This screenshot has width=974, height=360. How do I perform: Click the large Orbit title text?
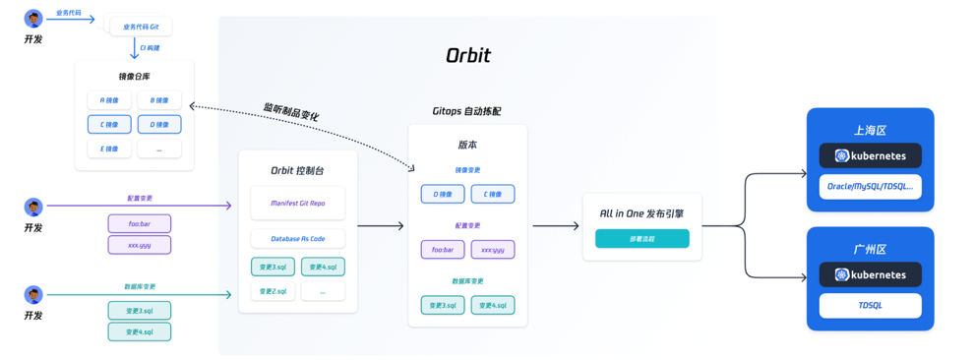(x=467, y=56)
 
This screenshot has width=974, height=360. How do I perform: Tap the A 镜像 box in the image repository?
(x=109, y=100)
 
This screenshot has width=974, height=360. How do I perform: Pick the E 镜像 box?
(x=109, y=149)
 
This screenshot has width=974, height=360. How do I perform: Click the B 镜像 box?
(x=159, y=100)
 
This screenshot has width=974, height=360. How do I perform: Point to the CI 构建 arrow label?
(x=150, y=48)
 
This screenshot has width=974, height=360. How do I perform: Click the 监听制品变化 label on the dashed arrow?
(x=290, y=111)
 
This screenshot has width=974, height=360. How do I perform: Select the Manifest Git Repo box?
(x=297, y=204)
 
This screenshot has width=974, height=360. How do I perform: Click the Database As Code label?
(x=297, y=239)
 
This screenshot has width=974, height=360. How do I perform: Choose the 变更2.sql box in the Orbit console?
(x=273, y=291)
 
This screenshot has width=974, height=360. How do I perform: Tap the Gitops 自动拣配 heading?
(x=466, y=111)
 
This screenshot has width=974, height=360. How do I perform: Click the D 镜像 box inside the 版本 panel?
(x=443, y=194)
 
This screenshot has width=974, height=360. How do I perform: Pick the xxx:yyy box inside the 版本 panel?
(x=492, y=250)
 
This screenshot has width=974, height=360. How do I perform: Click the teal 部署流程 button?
(x=641, y=239)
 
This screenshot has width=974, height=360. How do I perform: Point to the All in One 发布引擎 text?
(x=641, y=212)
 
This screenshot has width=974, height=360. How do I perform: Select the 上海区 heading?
(x=870, y=130)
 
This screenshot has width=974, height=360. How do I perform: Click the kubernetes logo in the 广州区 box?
(x=842, y=274)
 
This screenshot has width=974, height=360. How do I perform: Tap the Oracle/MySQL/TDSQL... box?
(x=870, y=186)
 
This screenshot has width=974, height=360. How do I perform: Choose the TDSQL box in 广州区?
(x=870, y=305)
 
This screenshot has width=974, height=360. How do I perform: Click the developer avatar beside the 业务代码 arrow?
(x=33, y=19)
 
